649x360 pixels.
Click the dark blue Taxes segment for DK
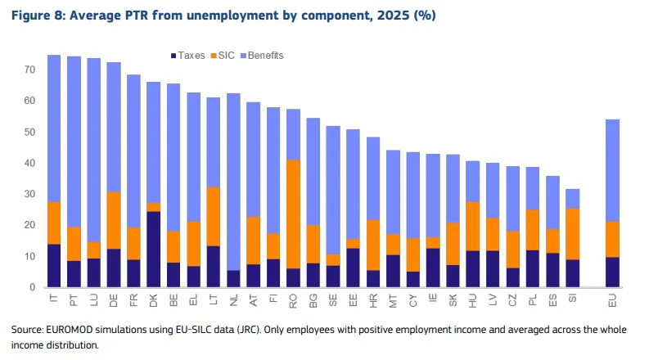pos(154,249)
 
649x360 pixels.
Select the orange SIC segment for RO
pos(293,214)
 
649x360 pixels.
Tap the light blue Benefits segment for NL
pos(233,182)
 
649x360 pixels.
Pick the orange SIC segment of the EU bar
pos(612,239)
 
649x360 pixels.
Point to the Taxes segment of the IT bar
pos(54,266)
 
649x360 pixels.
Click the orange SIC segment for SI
pos(572,234)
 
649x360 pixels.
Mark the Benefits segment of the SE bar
pos(333,190)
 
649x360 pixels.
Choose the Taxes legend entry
pos(187,56)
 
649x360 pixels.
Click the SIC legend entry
pos(223,56)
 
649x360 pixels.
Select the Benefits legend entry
pos(262,56)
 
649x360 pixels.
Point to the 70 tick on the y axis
pos(29,70)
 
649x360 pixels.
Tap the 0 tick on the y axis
pos(33,287)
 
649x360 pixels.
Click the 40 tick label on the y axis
pos(29,163)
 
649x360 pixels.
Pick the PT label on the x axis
pos(74,300)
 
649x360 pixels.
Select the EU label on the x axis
pos(612,300)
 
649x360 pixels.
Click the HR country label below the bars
pos(373,300)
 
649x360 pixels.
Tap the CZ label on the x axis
pos(512,300)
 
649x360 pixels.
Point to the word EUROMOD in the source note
pos(70,330)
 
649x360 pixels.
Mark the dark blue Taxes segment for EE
pos(353,268)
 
